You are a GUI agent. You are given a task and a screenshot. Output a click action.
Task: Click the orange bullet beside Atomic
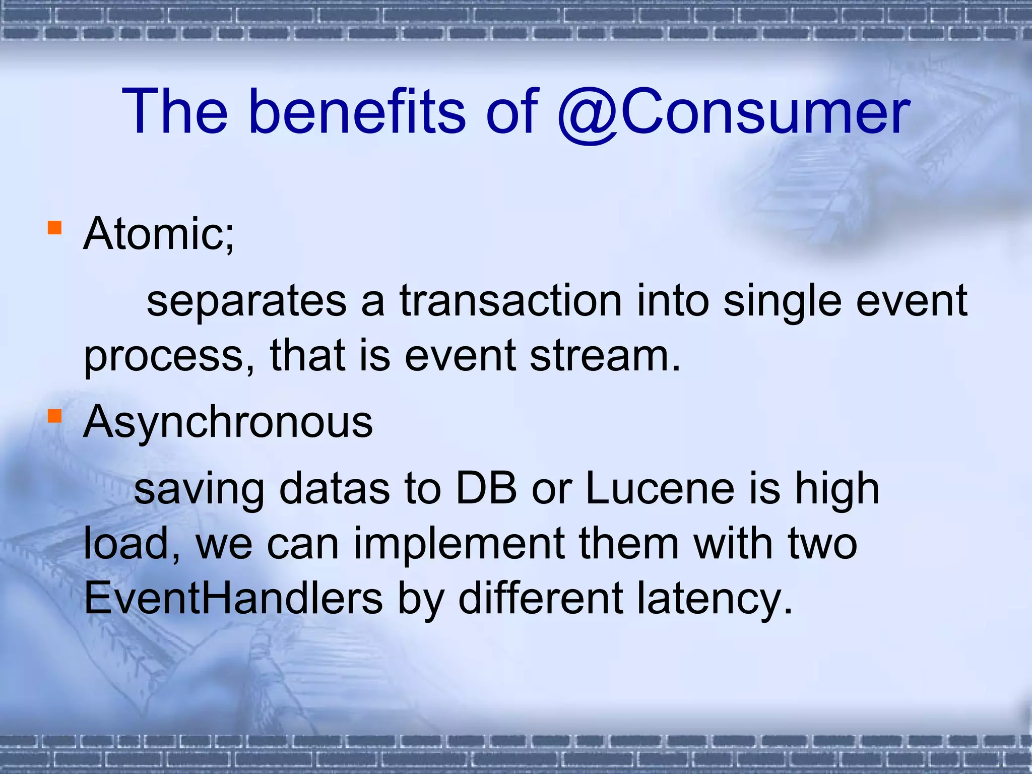[54, 228]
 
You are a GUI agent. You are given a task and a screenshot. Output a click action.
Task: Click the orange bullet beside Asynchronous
[54, 416]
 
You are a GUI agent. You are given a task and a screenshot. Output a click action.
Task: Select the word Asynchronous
[228, 422]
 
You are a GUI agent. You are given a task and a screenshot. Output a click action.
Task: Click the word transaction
[511, 301]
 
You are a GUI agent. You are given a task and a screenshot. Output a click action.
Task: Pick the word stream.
[605, 356]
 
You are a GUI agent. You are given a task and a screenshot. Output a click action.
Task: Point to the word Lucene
[660, 489]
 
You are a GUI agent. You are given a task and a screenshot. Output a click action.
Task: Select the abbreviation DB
[486, 489]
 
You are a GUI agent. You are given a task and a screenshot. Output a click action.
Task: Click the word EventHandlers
[233, 599]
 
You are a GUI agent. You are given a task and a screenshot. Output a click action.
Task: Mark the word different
[541, 599]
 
